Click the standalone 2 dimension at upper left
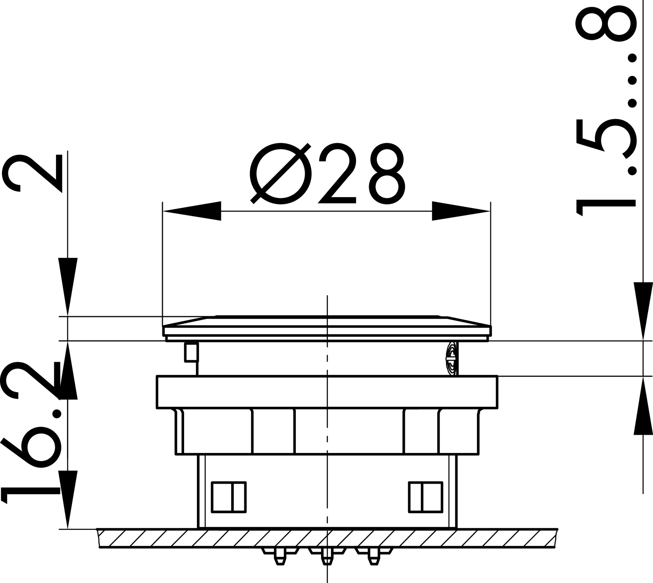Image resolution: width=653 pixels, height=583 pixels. (32, 173)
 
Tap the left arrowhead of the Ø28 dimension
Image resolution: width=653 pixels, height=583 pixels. (192, 211)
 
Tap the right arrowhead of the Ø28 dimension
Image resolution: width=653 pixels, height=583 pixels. (461, 211)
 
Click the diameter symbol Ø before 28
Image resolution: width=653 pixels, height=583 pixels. (281, 174)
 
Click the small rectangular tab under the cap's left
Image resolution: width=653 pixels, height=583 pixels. (191, 352)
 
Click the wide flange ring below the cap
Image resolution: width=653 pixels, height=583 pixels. (327, 392)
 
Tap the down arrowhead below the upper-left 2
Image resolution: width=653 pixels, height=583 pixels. (68, 285)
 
